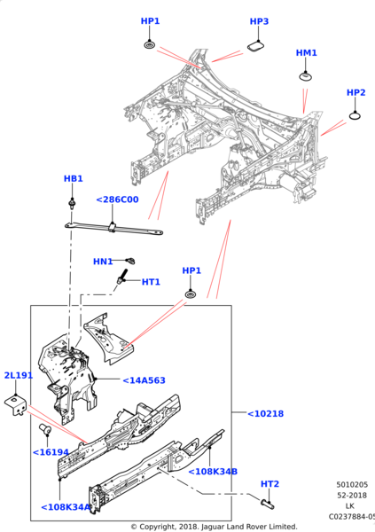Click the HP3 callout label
[x=259, y=21]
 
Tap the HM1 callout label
[x=306, y=53]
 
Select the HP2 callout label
[x=355, y=92]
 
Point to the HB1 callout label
[x=73, y=178]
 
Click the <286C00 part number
[x=117, y=199]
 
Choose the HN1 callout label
[x=103, y=262]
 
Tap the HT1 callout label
[x=151, y=282]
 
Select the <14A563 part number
[x=142, y=380]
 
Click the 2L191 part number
[x=19, y=375]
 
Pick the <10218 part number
[x=264, y=413]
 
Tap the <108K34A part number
[x=66, y=507]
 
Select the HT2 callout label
[x=270, y=483]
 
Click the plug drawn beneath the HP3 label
[x=255, y=46]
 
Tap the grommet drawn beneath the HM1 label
[x=306, y=77]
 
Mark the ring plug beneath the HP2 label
[x=355, y=113]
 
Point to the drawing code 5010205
[x=352, y=485]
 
